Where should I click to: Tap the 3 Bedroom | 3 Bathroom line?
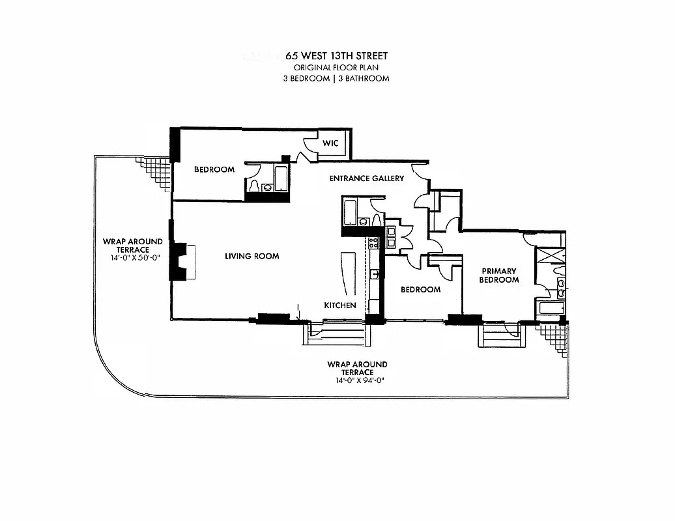[x=337, y=78]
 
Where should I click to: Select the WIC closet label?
[x=330, y=143]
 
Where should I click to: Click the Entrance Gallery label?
[x=366, y=178]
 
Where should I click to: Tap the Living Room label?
[x=251, y=256]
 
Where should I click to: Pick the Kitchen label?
[x=340, y=305]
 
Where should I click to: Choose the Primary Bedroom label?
[x=500, y=275]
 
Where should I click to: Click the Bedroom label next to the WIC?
[x=214, y=170]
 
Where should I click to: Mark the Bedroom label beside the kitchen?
[x=420, y=290]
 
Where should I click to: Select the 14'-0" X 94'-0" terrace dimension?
[x=356, y=380]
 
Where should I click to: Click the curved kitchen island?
[x=345, y=274]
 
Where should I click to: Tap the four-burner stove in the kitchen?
[x=374, y=244]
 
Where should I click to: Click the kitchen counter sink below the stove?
[x=374, y=274]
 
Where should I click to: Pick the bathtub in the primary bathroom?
[x=551, y=309]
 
